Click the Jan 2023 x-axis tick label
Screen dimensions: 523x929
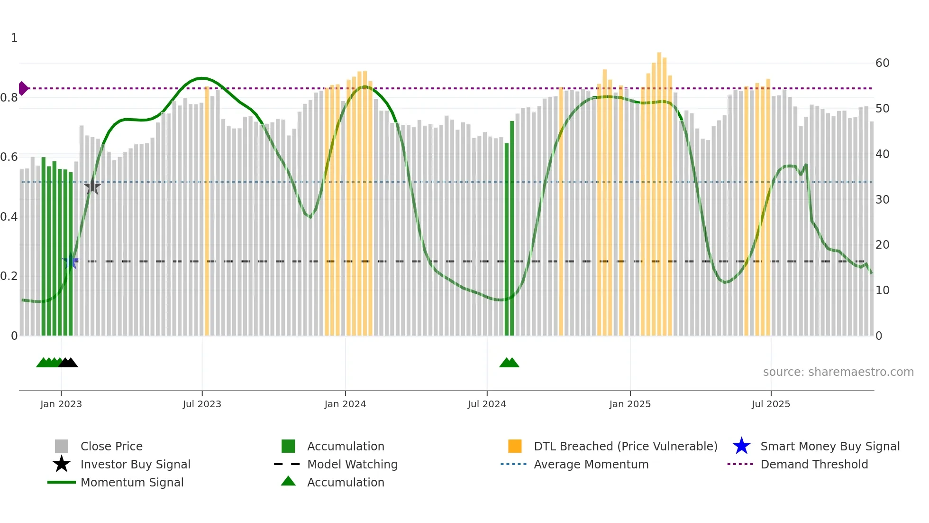tap(61, 404)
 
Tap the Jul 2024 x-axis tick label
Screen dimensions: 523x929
tap(486, 404)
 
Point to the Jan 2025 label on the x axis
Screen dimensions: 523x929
tap(629, 404)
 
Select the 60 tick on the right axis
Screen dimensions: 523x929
tap(882, 63)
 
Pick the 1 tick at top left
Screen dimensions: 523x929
tap(14, 38)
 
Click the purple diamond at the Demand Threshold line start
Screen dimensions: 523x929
tap(23, 88)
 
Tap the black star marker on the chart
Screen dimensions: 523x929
tap(92, 187)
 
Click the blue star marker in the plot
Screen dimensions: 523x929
tap(71, 261)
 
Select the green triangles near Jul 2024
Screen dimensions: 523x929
tap(509, 363)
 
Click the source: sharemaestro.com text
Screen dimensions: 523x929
tap(838, 372)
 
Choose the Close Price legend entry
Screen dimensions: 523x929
tap(111, 446)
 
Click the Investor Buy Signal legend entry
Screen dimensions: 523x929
tap(135, 464)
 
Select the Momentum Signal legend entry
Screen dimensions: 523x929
tap(132, 482)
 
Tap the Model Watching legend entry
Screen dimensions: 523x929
tap(352, 464)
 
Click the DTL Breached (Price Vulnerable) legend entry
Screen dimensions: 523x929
tap(625, 446)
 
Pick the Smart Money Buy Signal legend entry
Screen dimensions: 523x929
tap(829, 446)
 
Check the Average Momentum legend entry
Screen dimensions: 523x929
tap(591, 464)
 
